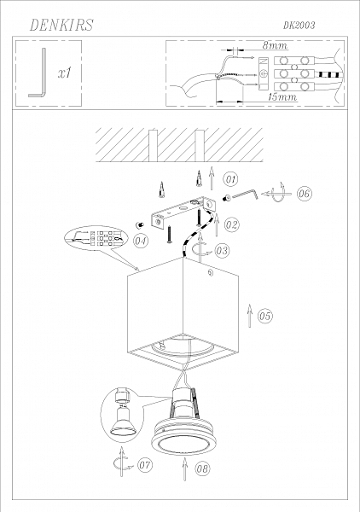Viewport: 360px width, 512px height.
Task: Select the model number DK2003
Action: click(x=298, y=26)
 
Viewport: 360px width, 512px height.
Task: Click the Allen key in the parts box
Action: click(x=37, y=75)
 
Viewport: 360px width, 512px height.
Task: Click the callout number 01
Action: click(x=230, y=179)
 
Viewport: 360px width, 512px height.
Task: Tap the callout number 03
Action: click(x=221, y=251)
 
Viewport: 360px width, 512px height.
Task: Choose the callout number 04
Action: click(x=142, y=241)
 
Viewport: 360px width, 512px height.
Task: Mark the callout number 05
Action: click(x=265, y=316)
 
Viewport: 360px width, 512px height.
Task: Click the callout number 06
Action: click(x=305, y=195)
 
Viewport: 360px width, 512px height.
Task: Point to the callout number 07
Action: click(x=144, y=466)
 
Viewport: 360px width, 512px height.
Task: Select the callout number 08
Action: click(x=202, y=468)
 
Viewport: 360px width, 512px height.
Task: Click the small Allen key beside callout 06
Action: click(x=247, y=195)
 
